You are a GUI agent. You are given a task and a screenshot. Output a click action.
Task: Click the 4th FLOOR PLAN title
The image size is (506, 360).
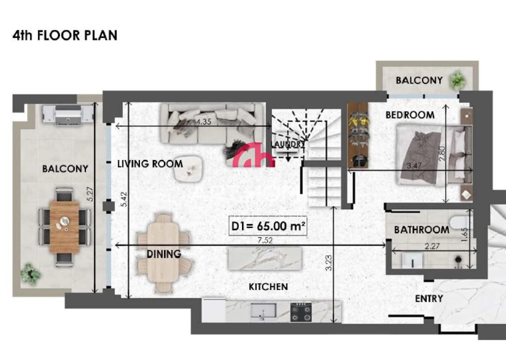[65, 35]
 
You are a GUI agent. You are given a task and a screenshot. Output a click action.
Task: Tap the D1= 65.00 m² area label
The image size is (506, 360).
[268, 226]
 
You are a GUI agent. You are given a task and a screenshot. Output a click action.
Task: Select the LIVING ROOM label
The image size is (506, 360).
[150, 164]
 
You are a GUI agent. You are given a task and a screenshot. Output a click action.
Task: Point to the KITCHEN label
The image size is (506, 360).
[268, 287]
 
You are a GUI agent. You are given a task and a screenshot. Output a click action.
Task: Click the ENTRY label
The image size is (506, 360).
[429, 299]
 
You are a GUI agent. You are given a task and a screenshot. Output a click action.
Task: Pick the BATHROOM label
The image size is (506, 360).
[422, 230]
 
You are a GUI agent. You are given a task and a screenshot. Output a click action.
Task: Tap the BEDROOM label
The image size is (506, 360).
[410, 115]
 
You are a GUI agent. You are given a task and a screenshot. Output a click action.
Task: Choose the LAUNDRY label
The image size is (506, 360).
[288, 144]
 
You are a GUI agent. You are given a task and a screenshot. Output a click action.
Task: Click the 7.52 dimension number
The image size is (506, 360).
[265, 240]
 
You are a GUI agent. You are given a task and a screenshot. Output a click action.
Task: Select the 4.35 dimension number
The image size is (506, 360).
[204, 122]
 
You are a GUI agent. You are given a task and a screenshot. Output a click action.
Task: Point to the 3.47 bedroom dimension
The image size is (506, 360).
[414, 166]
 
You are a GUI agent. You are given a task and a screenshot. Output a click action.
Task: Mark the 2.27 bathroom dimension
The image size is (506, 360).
[432, 246]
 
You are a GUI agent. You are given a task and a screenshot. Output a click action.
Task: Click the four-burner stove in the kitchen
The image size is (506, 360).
[301, 312]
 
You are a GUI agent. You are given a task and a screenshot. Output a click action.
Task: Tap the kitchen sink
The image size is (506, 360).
[264, 311]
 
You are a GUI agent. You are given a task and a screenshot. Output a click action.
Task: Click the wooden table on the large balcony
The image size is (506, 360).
[65, 227]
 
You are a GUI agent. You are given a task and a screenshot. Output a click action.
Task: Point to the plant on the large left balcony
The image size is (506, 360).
[30, 274]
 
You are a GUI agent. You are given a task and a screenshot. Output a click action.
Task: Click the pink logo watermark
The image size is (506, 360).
[254, 155]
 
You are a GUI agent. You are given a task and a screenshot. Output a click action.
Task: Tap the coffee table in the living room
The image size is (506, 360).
[188, 169]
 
